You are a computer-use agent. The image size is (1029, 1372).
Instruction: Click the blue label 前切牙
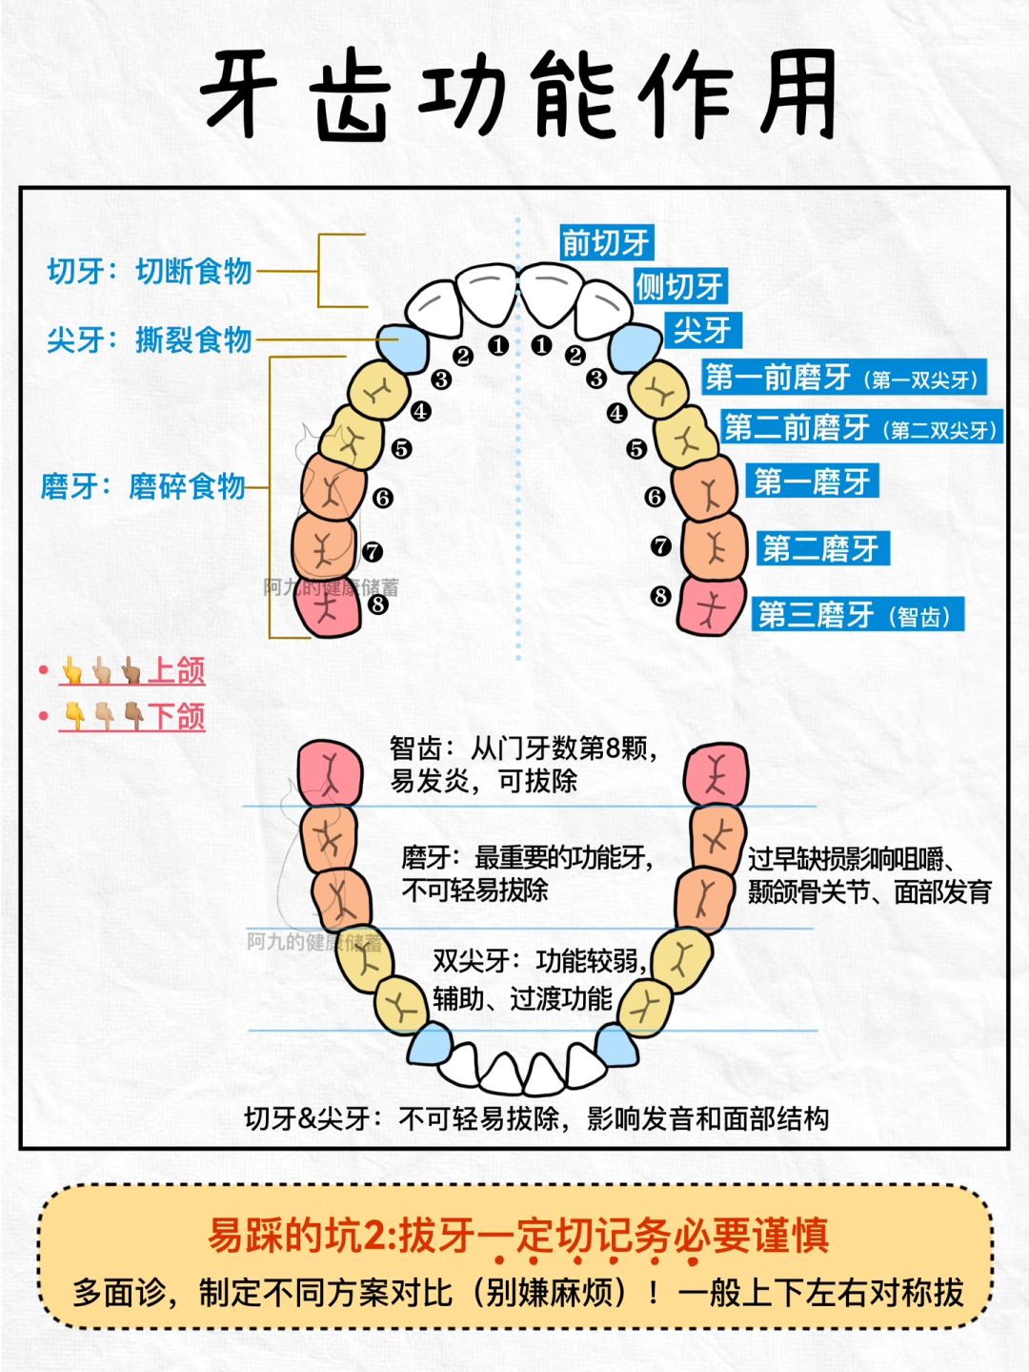coord(605,242)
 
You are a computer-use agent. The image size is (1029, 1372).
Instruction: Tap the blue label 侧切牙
coord(680,285)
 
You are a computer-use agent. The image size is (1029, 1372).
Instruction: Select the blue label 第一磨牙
coord(812,481)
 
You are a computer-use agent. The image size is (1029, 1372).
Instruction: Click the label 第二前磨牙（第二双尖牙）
coord(860,427)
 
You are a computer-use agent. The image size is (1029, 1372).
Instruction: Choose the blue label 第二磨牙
coord(820,548)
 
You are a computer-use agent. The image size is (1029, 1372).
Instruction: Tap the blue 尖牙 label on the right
coord(702,330)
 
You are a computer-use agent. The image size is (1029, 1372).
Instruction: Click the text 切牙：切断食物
coord(150,271)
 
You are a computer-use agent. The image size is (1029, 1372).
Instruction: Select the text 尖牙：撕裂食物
coord(150,338)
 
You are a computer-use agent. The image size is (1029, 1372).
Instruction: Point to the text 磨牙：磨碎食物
coord(143,486)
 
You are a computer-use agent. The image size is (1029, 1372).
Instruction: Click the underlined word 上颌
coord(176,670)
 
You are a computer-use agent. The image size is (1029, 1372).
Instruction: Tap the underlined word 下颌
coord(176,716)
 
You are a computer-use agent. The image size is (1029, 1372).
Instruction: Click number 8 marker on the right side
coord(660,596)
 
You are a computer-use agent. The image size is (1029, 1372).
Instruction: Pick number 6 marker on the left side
coord(383,498)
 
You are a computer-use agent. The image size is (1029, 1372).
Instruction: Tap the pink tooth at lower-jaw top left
coord(330,771)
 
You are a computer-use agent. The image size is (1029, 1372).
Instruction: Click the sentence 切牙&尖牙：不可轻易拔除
coord(400,1117)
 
